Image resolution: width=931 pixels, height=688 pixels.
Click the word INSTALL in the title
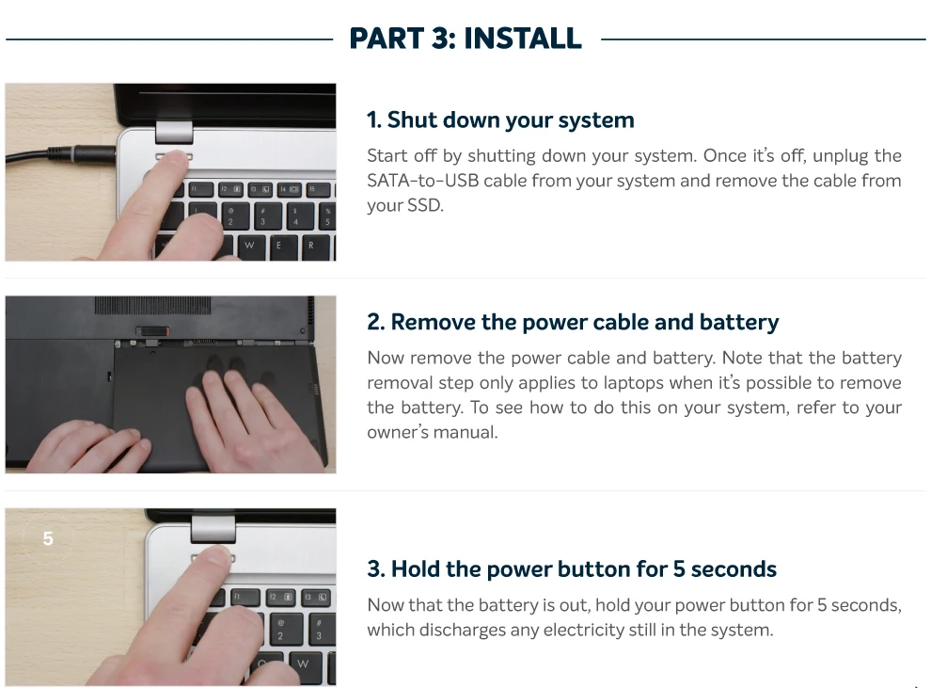(523, 39)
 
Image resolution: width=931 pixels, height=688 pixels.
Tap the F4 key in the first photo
(291, 189)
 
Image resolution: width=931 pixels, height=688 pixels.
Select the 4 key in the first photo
(295, 216)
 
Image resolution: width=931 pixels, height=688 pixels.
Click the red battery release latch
(152, 331)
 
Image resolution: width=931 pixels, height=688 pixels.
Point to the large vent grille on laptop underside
(152, 305)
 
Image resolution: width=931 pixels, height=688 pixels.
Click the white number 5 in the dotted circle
(48, 538)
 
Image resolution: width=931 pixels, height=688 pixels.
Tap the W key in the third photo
(303, 664)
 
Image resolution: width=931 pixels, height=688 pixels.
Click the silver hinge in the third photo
(213, 529)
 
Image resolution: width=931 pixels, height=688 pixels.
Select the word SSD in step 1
(424, 205)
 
